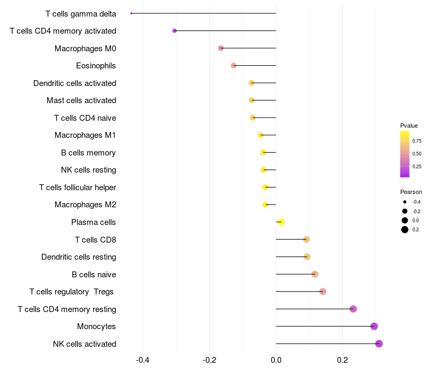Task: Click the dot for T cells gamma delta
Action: (131, 13)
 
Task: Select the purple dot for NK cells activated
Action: (379, 344)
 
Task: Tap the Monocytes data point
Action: (374, 326)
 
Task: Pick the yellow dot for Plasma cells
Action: (281, 222)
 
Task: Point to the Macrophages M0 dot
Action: (221, 48)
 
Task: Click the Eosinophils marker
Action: (233, 65)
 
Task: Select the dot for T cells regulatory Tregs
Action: (323, 291)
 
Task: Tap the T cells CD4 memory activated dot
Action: (174, 30)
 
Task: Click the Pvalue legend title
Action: (409, 126)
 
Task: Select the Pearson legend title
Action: (411, 192)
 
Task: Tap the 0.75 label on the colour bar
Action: (417, 141)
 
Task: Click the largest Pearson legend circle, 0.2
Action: (405, 230)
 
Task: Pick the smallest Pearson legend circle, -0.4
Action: (405, 202)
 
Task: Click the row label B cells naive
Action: (94, 275)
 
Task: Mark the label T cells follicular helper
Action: (78, 188)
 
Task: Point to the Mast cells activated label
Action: (81, 100)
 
